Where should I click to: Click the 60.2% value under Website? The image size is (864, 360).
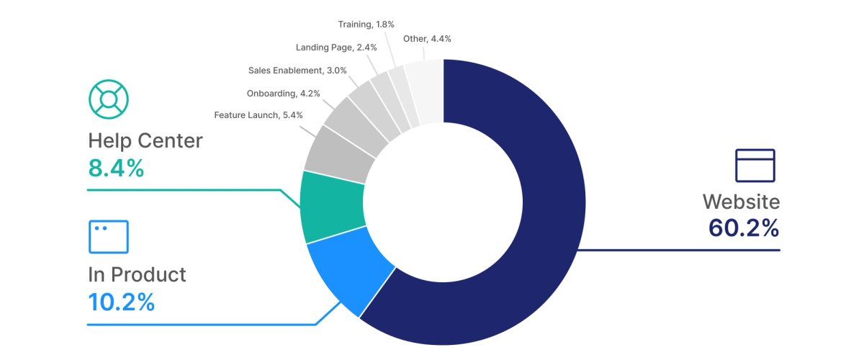[x=744, y=228]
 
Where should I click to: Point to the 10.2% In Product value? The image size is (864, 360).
[x=121, y=302]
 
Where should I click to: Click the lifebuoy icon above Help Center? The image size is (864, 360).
[x=108, y=99]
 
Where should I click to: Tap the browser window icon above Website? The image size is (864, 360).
[x=755, y=166]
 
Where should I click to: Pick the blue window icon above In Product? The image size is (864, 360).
[x=108, y=237]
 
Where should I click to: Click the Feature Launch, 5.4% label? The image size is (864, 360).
[x=258, y=114]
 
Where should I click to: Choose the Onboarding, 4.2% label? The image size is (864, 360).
[x=283, y=93]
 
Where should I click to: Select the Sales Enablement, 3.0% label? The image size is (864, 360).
[x=297, y=71]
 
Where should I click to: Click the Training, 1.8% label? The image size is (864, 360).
[x=366, y=24]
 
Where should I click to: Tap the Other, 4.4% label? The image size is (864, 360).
[x=427, y=39]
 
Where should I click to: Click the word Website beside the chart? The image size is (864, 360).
[x=741, y=201]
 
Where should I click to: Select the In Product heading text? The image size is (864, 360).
[x=137, y=274]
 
